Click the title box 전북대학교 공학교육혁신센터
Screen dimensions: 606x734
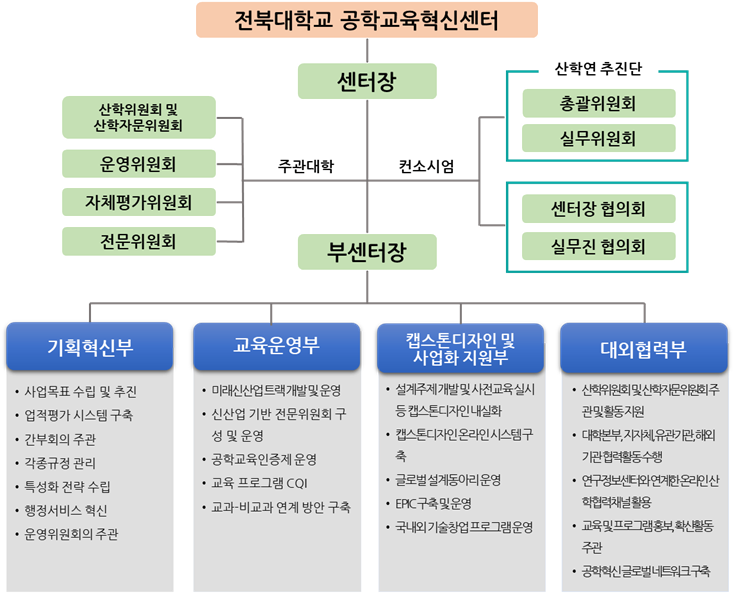click(x=366, y=20)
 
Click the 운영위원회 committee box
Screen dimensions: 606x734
click(x=139, y=163)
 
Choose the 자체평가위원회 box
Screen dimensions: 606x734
click(x=139, y=202)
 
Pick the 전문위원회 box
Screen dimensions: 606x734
click(x=139, y=241)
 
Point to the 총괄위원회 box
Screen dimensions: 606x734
click(x=598, y=103)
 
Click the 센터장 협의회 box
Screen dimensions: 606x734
click(x=598, y=209)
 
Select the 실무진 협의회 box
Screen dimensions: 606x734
click(x=598, y=246)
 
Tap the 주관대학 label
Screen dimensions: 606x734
click(x=306, y=167)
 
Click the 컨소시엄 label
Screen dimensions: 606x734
click(x=427, y=167)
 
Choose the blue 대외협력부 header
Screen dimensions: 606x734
click(x=643, y=348)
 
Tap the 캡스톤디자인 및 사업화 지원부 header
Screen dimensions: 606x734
click(x=461, y=348)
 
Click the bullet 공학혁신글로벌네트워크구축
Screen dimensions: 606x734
click(x=645, y=571)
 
